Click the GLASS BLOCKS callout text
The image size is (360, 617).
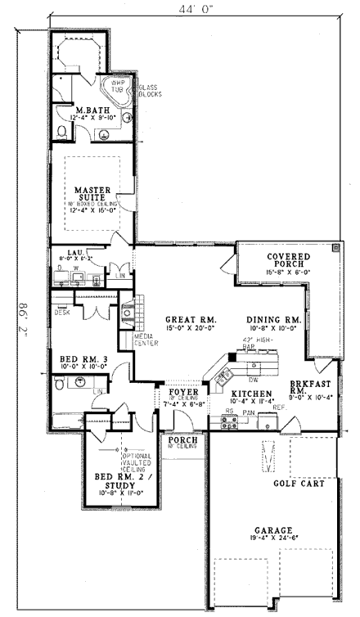pos(148,91)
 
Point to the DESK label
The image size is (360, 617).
pos(61,313)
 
